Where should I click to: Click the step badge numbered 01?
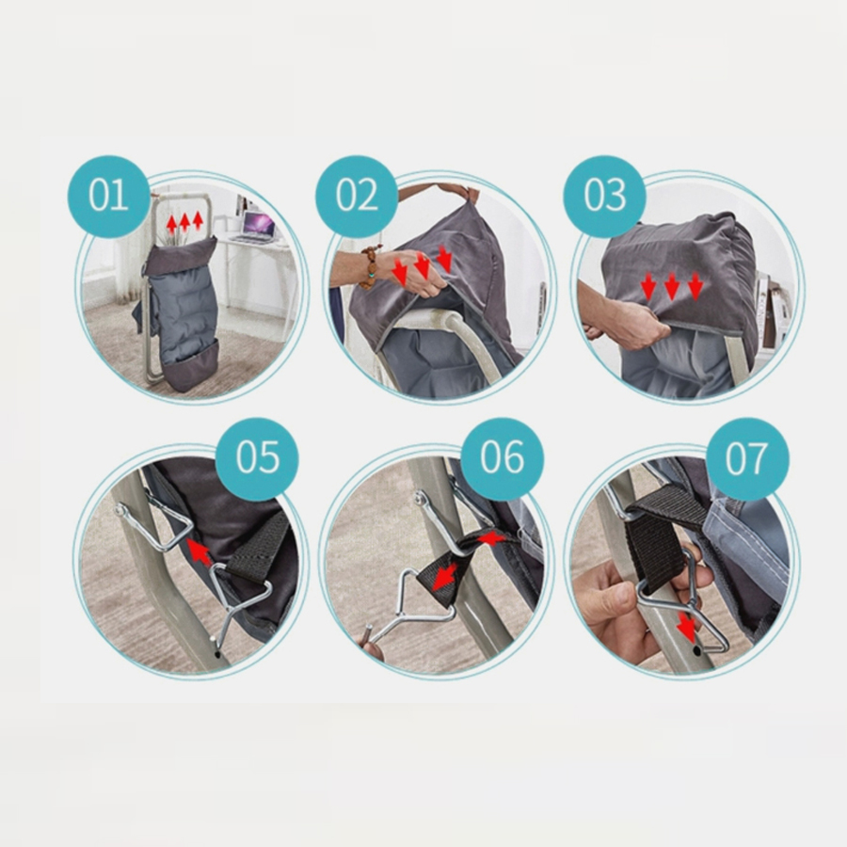coord(108,196)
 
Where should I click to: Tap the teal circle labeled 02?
coord(357,196)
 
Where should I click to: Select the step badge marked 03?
coord(604,196)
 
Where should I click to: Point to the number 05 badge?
coord(257,458)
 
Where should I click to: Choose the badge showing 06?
coord(503,458)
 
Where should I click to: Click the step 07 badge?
coord(747,458)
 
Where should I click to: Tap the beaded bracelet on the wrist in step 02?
coord(370,267)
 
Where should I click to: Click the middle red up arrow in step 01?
coord(184,222)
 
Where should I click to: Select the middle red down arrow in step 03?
coord(672,286)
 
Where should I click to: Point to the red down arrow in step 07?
coord(687,628)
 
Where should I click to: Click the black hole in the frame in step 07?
coord(696,651)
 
